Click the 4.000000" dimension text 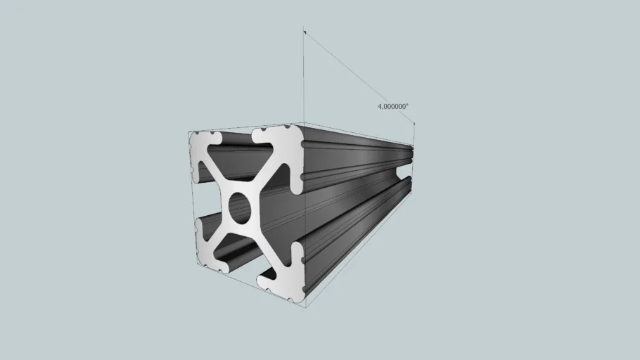tap(392, 106)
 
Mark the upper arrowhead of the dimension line tap(305, 32)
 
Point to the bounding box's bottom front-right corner tap(305, 307)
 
